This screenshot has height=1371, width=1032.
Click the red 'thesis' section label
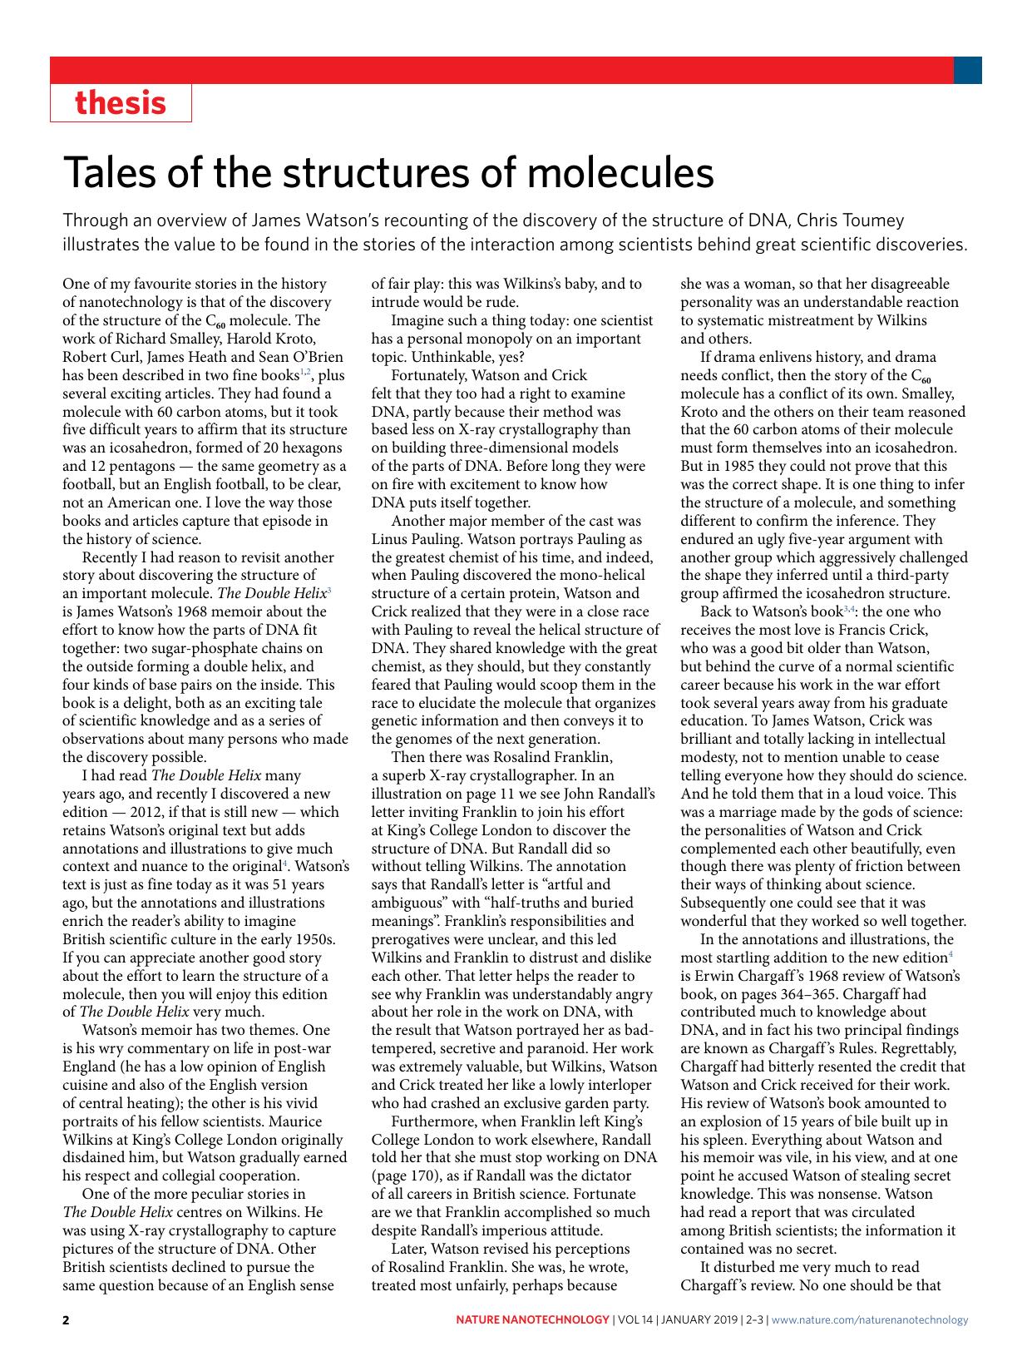point(121,103)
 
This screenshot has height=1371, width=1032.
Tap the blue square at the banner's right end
point(967,70)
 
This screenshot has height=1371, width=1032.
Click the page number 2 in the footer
point(67,1319)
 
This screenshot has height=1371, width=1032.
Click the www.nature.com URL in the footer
point(870,1319)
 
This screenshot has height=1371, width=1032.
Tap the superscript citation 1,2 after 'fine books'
point(305,373)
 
